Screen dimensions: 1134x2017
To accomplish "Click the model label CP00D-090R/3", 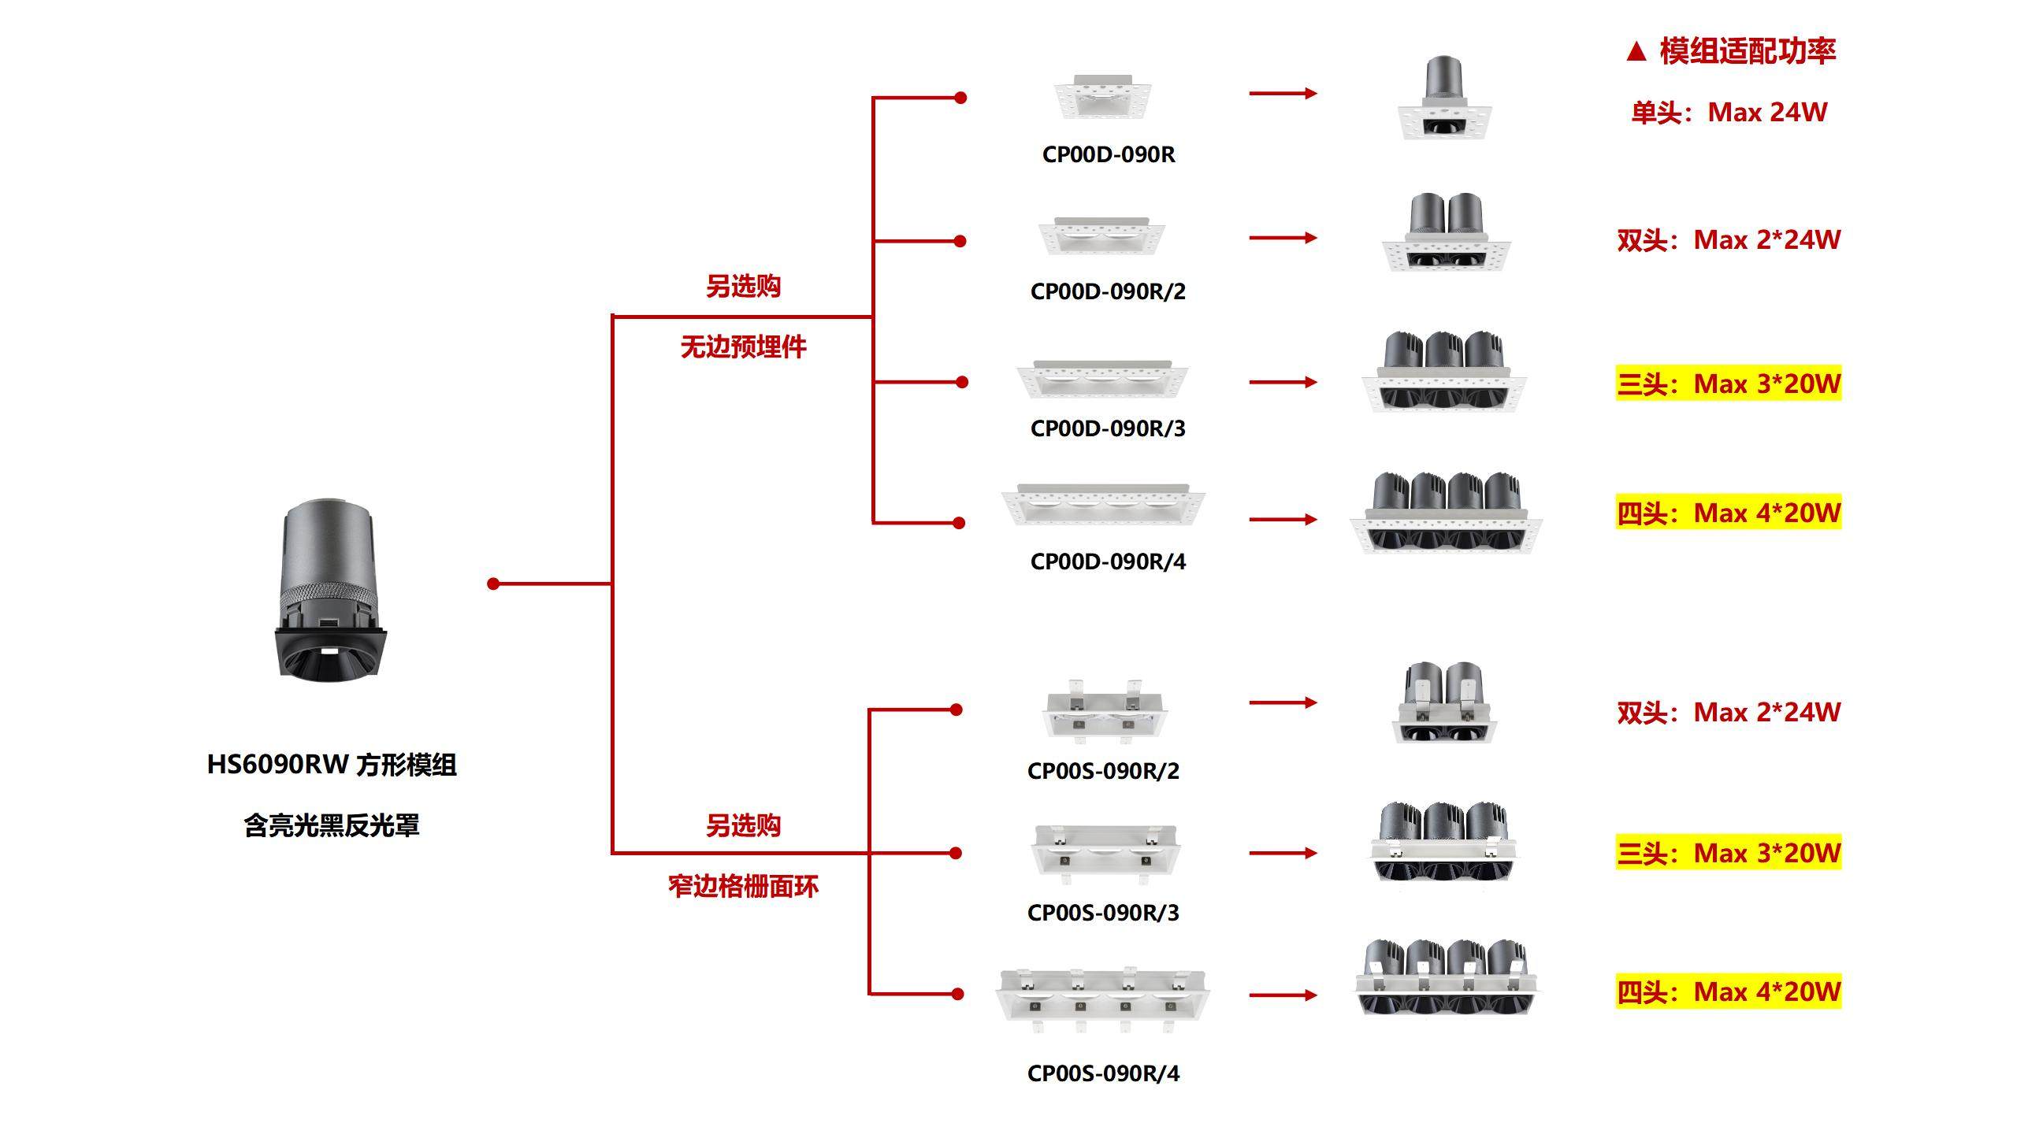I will pyautogui.click(x=1108, y=428).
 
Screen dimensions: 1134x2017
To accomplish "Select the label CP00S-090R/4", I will pyautogui.click(x=1103, y=1073).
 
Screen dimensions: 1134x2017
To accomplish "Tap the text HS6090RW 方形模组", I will pyautogui.click(x=332, y=765).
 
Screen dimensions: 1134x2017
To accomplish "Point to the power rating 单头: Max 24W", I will pyautogui.click(x=1729, y=113).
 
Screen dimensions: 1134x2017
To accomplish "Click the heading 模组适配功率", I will pyautogui.click(x=1747, y=51).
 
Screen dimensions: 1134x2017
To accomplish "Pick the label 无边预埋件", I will pyautogui.click(x=743, y=347).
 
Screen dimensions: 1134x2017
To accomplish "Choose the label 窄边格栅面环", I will pyautogui.click(x=743, y=887).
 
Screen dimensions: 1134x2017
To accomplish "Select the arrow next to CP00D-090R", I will pyautogui.click(x=1283, y=94).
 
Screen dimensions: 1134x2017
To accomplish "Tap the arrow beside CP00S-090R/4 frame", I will pyautogui.click(x=1283, y=995).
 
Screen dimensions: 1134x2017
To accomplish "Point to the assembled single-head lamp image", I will pyautogui.click(x=1444, y=98).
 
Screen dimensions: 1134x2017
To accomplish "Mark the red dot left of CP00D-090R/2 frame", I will pyautogui.click(x=960, y=241).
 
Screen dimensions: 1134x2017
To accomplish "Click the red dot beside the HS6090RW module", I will pyautogui.click(x=493, y=584).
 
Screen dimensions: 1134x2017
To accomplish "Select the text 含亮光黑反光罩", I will pyautogui.click(x=332, y=826).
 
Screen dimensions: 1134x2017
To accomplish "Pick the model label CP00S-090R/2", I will pyautogui.click(x=1103, y=771).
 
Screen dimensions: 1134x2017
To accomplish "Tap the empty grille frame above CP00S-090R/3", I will pyautogui.click(x=1105, y=852).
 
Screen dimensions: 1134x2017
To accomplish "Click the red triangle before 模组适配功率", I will pyautogui.click(x=1636, y=52).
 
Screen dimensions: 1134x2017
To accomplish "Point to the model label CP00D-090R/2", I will pyautogui.click(x=1108, y=291).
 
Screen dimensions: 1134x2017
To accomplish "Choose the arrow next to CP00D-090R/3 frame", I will pyautogui.click(x=1283, y=383).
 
